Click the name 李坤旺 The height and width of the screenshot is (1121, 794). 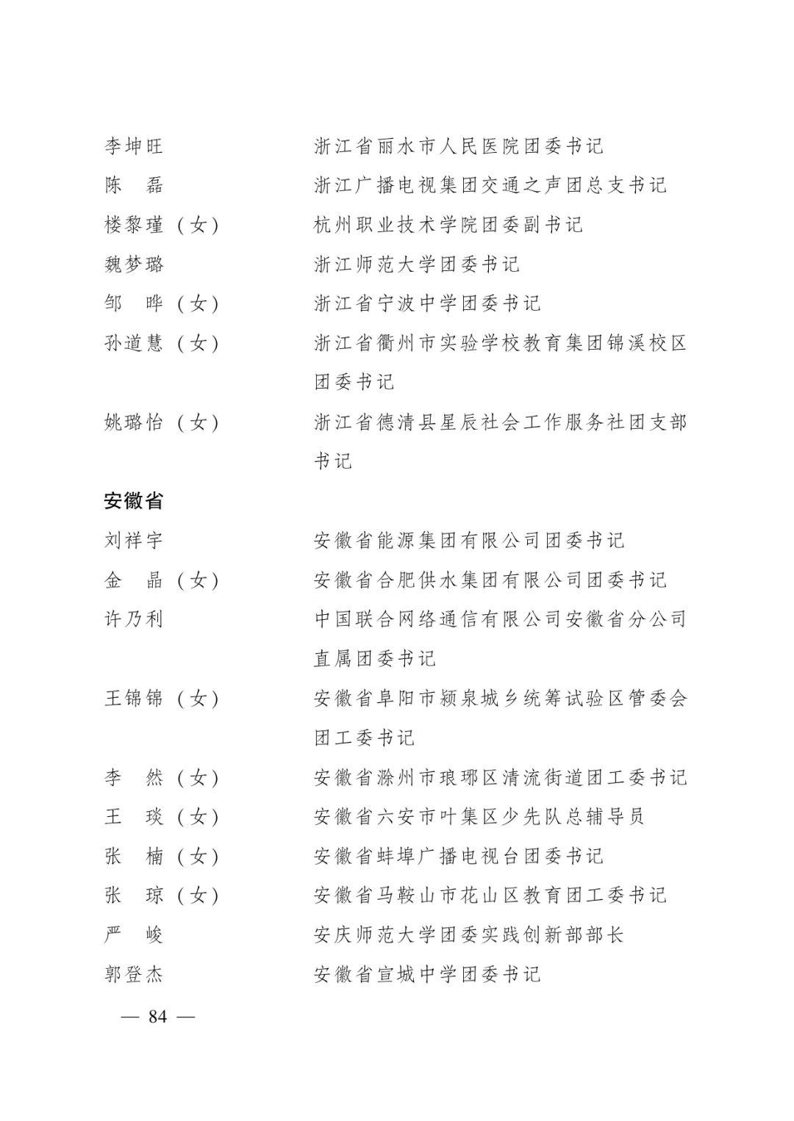pyautogui.click(x=133, y=146)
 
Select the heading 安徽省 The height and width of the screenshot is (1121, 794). pyautogui.click(x=133, y=501)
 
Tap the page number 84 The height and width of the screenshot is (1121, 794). pyautogui.click(x=157, y=1017)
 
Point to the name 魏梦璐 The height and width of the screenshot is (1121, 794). pyautogui.click(x=133, y=264)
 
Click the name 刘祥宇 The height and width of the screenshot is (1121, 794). pyautogui.click(x=133, y=541)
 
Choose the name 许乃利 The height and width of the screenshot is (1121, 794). pyautogui.click(x=133, y=619)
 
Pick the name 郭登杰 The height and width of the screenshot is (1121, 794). pyautogui.click(x=133, y=975)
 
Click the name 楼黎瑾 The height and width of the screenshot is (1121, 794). pyautogui.click(x=133, y=225)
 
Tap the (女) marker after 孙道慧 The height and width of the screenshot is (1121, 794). pyautogui.click(x=198, y=343)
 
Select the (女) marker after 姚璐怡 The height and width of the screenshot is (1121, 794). pyautogui.click(x=198, y=422)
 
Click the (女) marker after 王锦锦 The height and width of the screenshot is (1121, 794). pyautogui.click(x=198, y=699)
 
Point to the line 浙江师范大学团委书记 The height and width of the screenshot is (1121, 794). pyautogui.click(x=416, y=264)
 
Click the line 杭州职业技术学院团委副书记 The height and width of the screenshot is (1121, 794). pyautogui.click(x=448, y=225)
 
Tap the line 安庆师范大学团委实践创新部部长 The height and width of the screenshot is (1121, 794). pyautogui.click(x=468, y=935)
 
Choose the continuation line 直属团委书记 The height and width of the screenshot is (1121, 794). pyautogui.click(x=374, y=659)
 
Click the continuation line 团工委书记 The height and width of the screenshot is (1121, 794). pyautogui.click(x=364, y=738)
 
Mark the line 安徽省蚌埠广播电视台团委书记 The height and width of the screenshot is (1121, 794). pyautogui.click(x=458, y=857)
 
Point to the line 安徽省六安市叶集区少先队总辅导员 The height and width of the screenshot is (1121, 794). pyautogui.click(x=479, y=817)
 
